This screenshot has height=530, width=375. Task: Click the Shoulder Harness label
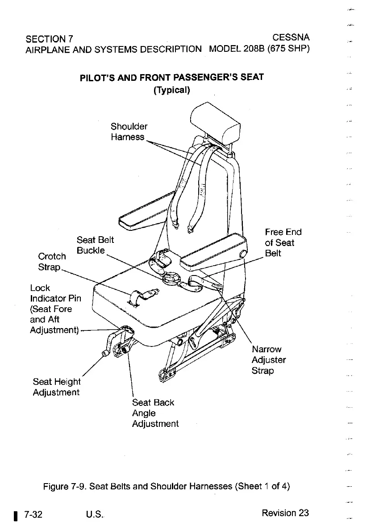129,132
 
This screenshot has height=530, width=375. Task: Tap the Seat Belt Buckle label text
95,246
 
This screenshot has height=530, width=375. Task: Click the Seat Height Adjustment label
57,387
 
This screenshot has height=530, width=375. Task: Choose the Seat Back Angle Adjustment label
155,413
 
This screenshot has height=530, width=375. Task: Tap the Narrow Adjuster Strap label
269,360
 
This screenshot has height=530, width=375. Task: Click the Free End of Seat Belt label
283,242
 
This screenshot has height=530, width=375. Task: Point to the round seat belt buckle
171,279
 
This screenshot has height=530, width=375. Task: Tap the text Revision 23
285,513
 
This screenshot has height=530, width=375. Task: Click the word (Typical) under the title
172,90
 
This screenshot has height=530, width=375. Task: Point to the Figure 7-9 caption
167,486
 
